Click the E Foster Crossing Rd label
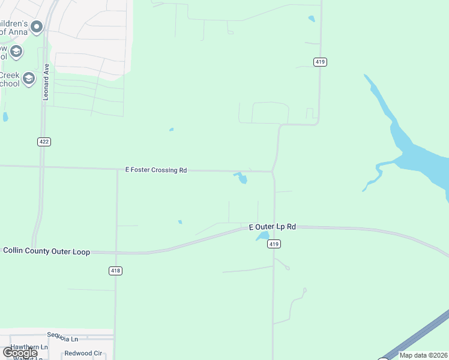(x=156, y=170)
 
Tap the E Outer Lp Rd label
(x=273, y=227)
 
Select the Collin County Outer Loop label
(x=47, y=251)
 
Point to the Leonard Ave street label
(x=46, y=83)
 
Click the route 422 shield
(x=43, y=142)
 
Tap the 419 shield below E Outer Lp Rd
(x=274, y=244)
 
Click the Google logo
(x=20, y=353)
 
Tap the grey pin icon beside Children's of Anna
(x=37, y=26)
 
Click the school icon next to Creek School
(x=28, y=77)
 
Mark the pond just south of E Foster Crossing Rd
(x=241, y=178)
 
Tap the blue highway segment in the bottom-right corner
(x=420, y=336)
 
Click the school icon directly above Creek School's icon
(x=16, y=52)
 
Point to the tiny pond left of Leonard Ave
(x=5, y=117)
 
